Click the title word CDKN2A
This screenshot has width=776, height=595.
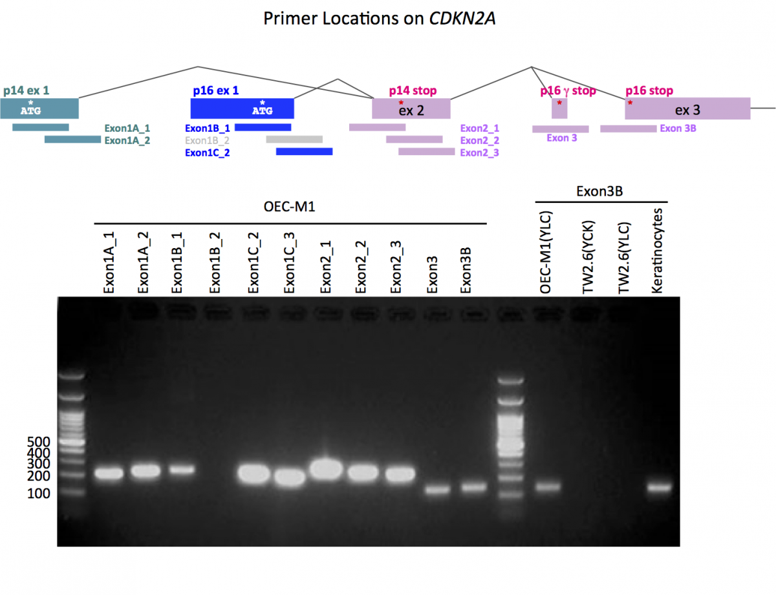[x=463, y=19]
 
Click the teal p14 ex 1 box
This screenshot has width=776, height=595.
[x=39, y=109]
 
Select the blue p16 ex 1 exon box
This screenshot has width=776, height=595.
[x=242, y=109]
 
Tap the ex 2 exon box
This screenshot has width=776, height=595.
[x=411, y=109]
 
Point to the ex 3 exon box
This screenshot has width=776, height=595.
[x=687, y=109]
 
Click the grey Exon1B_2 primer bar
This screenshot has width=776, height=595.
[x=294, y=139]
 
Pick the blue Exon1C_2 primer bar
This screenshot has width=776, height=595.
[x=304, y=151]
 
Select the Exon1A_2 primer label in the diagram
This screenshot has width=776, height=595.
[x=127, y=140]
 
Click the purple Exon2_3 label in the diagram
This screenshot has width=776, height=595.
[x=479, y=152]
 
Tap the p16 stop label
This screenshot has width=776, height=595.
[x=649, y=90]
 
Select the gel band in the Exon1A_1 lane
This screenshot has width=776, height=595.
[x=109, y=474]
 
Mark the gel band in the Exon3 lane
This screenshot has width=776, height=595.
[x=436, y=490]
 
